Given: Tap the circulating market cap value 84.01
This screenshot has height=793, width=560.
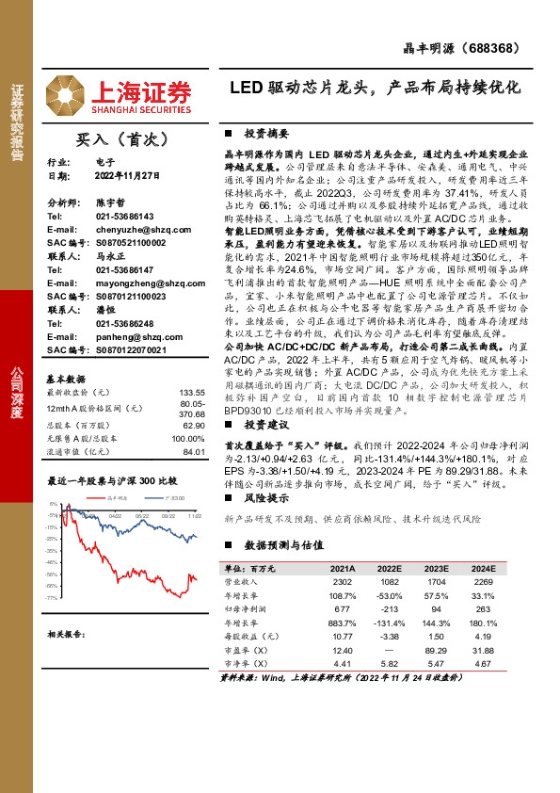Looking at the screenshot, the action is tap(194, 452).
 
